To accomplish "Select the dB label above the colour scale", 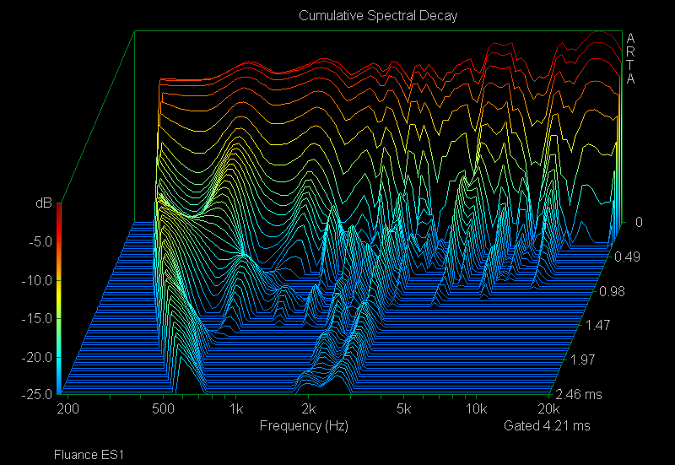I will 42,203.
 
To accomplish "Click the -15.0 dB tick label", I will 36,318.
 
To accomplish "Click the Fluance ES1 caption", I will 89,455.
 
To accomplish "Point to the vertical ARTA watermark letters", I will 630,59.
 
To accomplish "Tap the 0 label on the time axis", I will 638,223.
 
